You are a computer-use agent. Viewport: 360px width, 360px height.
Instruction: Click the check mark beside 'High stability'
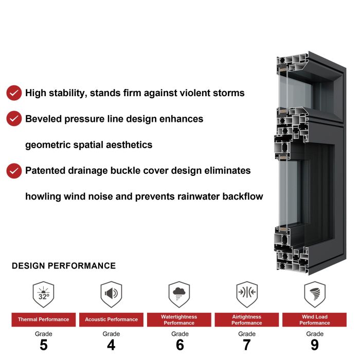pyautogui.click(x=14, y=93)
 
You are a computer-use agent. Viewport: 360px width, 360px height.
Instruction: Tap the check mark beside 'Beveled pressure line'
pyautogui.click(x=14, y=118)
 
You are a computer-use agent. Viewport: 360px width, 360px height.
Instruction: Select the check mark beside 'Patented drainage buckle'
pyautogui.click(x=14, y=171)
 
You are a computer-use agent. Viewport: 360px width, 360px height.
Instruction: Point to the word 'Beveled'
pyautogui.click(x=43, y=119)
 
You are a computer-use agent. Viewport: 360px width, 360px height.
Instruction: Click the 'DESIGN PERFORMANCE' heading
pyautogui.click(x=64, y=266)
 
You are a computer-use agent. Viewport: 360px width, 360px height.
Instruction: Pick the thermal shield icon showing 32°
pyautogui.click(x=43, y=294)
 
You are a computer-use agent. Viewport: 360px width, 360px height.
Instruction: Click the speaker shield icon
pyautogui.click(x=112, y=294)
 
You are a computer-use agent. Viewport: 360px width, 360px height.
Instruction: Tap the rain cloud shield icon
pyautogui.click(x=179, y=294)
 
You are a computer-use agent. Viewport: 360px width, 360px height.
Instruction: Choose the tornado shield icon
pyautogui.click(x=315, y=294)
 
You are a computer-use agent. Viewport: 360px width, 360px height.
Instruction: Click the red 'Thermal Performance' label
pyautogui.click(x=44, y=319)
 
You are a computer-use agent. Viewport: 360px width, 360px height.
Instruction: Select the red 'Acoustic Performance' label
pyautogui.click(x=112, y=319)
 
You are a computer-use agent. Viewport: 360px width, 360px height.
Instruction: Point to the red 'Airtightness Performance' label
pyautogui.click(x=247, y=319)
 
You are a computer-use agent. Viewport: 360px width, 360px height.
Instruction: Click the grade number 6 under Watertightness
pyautogui.click(x=180, y=345)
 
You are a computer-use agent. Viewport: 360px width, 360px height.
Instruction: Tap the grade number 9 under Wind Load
pyautogui.click(x=315, y=345)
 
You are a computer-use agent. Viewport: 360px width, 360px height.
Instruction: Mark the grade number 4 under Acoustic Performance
pyautogui.click(x=111, y=345)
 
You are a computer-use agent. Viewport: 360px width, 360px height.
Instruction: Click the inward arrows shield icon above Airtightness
pyautogui.click(x=247, y=294)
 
